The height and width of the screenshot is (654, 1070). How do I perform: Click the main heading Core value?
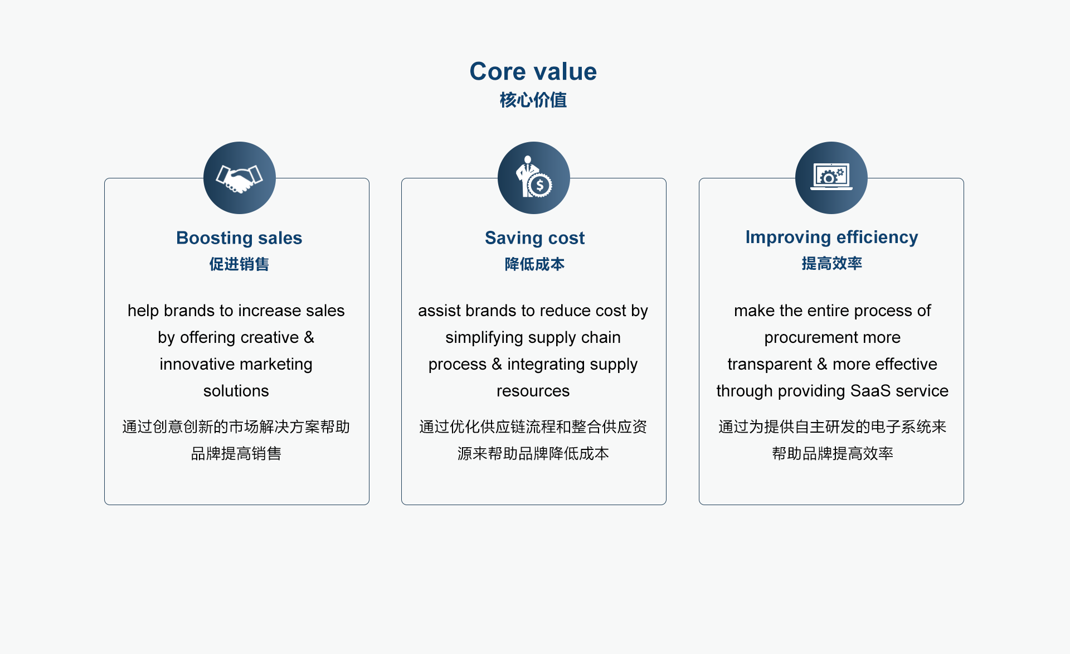point(533,71)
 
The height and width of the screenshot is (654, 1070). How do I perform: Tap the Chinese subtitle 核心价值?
point(533,100)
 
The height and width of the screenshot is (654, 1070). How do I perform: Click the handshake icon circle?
point(240,178)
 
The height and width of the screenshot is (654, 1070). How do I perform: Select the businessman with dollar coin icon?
point(534,178)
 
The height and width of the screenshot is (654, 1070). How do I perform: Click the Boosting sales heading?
point(239,238)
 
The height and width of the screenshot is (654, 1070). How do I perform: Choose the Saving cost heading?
point(534,238)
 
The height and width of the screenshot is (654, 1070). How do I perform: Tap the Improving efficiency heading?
point(831,238)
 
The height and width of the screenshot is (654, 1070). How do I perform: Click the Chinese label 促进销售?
point(239,264)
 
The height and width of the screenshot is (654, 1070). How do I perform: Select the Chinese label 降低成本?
point(534,264)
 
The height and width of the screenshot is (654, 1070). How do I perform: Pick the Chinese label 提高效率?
point(831,263)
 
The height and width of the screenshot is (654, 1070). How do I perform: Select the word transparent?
point(770,365)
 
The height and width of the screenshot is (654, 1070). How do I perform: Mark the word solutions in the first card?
point(236,391)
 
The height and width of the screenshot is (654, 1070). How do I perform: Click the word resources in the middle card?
point(533,391)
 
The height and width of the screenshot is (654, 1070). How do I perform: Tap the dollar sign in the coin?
point(539,185)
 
